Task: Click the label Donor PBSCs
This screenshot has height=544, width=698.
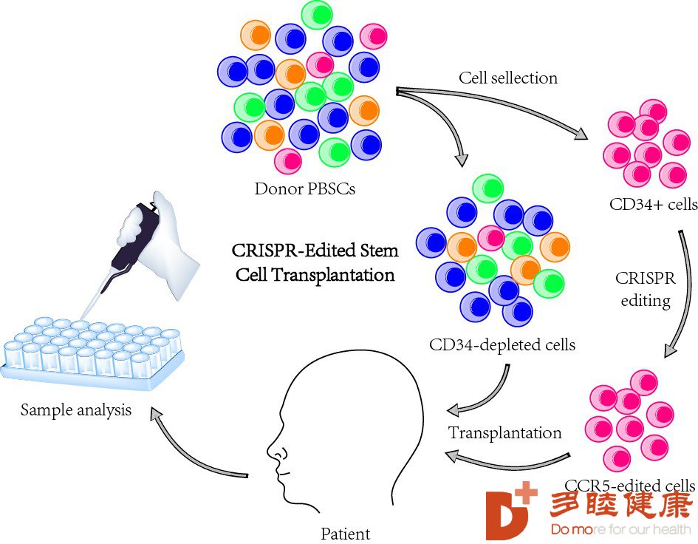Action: [305, 189]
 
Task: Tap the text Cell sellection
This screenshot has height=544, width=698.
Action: [508, 78]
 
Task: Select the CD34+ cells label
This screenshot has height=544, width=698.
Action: [653, 204]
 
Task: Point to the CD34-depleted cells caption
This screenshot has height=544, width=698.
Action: [502, 344]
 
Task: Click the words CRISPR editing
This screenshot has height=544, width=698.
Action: [646, 289]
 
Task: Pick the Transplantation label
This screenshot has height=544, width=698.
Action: [504, 432]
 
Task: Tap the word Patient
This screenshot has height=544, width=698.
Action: [346, 534]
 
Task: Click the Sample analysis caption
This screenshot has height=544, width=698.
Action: [76, 410]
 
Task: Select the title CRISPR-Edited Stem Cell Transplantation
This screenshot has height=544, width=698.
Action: [315, 262]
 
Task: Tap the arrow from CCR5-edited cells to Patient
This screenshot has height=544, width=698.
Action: [507, 463]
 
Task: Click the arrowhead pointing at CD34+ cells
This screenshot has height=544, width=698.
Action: [581, 133]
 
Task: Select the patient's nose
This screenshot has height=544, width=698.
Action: [273, 451]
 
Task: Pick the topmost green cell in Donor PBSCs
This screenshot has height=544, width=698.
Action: [317, 15]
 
